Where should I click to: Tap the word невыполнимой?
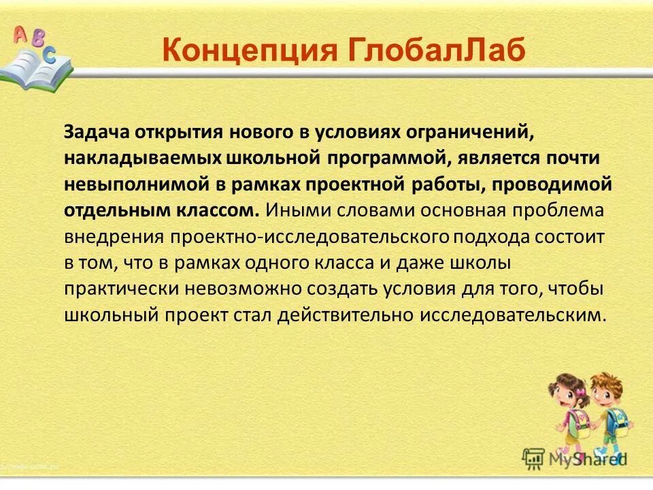pyautogui.click(x=129, y=184)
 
